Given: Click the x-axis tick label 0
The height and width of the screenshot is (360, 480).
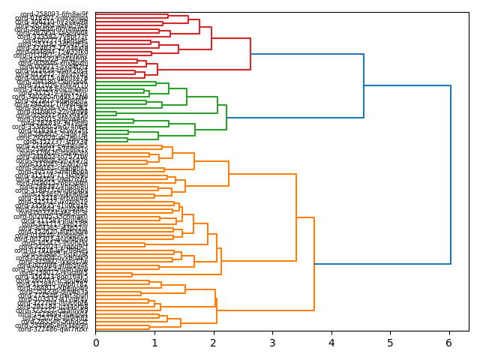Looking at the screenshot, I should pos(95,343).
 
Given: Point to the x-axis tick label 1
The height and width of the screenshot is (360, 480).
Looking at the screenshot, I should pos(154,343).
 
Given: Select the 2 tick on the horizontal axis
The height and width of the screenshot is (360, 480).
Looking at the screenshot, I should pos(213,343).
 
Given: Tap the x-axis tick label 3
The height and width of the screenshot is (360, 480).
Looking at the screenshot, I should pos(272,343).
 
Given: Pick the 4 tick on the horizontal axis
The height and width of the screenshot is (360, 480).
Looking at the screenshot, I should pos(331,343).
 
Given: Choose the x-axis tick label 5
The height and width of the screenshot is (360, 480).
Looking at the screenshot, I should pos(390,343).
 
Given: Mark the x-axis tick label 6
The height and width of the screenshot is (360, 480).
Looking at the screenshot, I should pos(449,343).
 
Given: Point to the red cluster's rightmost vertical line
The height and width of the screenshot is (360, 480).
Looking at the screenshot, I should pos(250,54).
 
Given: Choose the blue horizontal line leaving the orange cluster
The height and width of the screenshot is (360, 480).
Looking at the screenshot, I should pos(382,264).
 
